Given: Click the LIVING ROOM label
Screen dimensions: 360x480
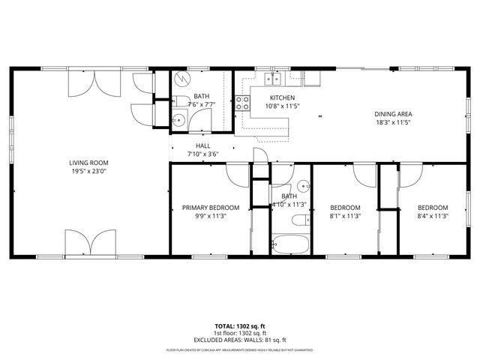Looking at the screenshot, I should (89, 163).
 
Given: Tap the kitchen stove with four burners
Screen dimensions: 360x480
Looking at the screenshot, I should (243, 103).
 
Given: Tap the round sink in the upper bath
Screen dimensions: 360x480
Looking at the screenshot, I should (178, 120).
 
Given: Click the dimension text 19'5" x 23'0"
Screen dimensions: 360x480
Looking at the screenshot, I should (89, 171).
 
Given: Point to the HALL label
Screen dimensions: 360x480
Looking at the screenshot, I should (202, 146).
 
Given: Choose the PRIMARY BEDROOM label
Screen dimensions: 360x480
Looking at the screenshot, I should (211, 208).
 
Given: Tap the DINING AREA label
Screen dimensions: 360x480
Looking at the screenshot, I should (394, 114).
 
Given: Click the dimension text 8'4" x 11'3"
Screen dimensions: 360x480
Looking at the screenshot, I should (433, 216).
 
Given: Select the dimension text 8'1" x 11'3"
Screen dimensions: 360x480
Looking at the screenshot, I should (346, 216).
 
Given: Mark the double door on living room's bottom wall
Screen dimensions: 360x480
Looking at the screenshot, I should (90, 243).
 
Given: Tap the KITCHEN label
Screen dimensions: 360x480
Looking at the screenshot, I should (282, 97).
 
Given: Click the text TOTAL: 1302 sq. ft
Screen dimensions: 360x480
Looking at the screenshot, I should (240, 326).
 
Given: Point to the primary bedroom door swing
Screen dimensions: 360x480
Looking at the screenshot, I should (236, 174).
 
